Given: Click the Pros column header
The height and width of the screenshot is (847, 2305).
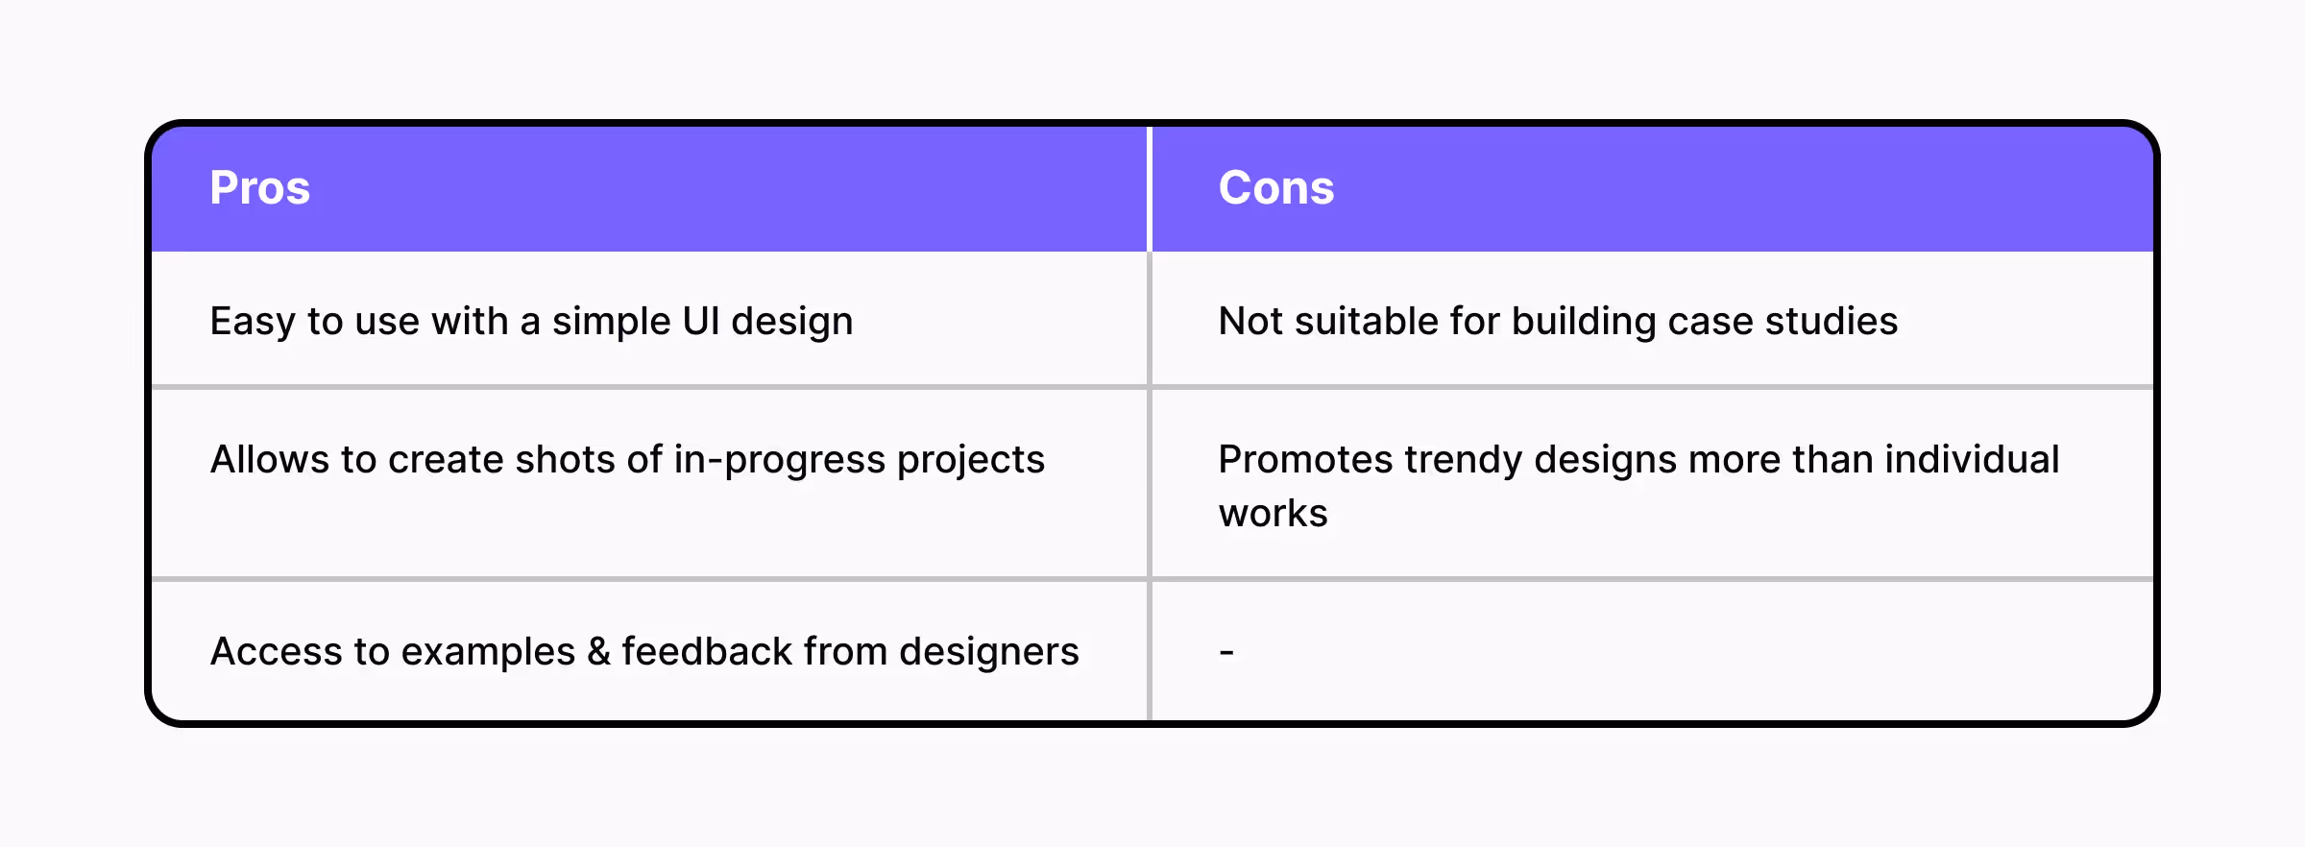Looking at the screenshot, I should coord(259,188).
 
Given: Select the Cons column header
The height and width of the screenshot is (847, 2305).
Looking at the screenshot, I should coord(1275,188).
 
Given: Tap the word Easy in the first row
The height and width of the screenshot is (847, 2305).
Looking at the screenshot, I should coord(252,322).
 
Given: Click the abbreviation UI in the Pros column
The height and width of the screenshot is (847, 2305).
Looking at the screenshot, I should coord(700,322).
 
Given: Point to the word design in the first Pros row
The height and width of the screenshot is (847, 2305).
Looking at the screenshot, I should coord(791,322).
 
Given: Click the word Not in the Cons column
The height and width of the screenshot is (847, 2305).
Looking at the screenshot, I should coord(1250,322).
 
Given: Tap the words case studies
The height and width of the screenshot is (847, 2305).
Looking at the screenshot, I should coord(1782,322).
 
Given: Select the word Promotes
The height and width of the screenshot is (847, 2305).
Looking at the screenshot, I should coord(1304,460).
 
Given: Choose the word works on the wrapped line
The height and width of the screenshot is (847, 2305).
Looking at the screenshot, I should coord(1273,514).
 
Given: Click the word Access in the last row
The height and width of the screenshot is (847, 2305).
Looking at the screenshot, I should coord(276,652).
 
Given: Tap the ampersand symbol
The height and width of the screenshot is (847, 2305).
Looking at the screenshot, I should coord(598,652).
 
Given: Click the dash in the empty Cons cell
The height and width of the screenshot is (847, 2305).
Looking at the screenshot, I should coord(1226,653).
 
